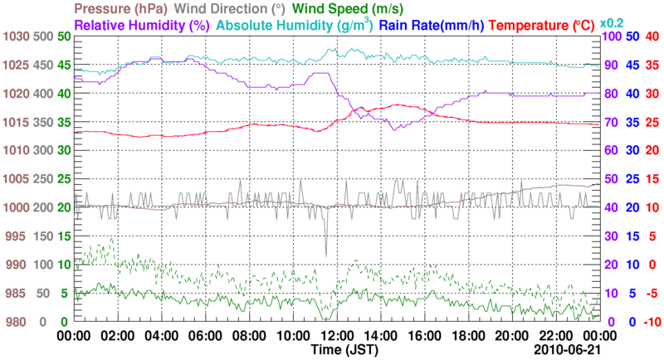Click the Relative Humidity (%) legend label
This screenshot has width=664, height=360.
pos(142,25)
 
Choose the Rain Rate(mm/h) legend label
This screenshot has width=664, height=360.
pos(432,25)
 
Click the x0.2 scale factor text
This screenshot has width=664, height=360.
pos(613,22)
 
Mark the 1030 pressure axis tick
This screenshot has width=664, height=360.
pos(17,36)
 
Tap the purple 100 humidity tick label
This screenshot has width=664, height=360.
pos(612,36)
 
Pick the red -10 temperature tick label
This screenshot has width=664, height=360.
pos(652,322)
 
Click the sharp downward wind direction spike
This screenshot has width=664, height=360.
pos(326,254)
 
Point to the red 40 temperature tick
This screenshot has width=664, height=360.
pos(652,36)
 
